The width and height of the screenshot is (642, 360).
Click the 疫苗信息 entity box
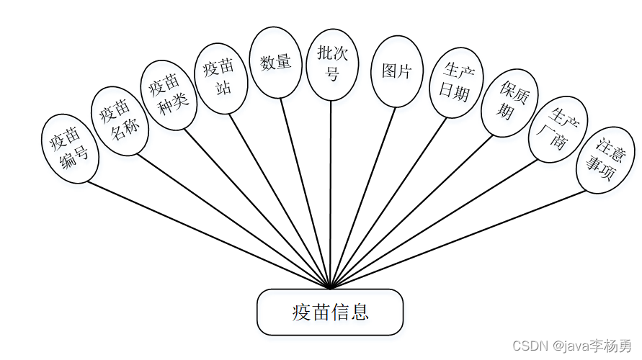coord(330,312)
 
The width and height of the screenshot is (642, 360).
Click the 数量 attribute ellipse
coord(275,63)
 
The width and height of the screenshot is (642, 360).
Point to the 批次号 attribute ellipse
coord(331,63)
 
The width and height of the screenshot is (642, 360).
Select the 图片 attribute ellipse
coord(396,72)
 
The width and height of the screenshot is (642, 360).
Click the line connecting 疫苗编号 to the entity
coord(209,234)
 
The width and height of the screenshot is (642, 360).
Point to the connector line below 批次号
coord(331,194)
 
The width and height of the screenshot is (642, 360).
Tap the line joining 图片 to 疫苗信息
coord(362,198)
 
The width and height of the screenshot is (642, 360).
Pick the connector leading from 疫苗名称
coord(234,221)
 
